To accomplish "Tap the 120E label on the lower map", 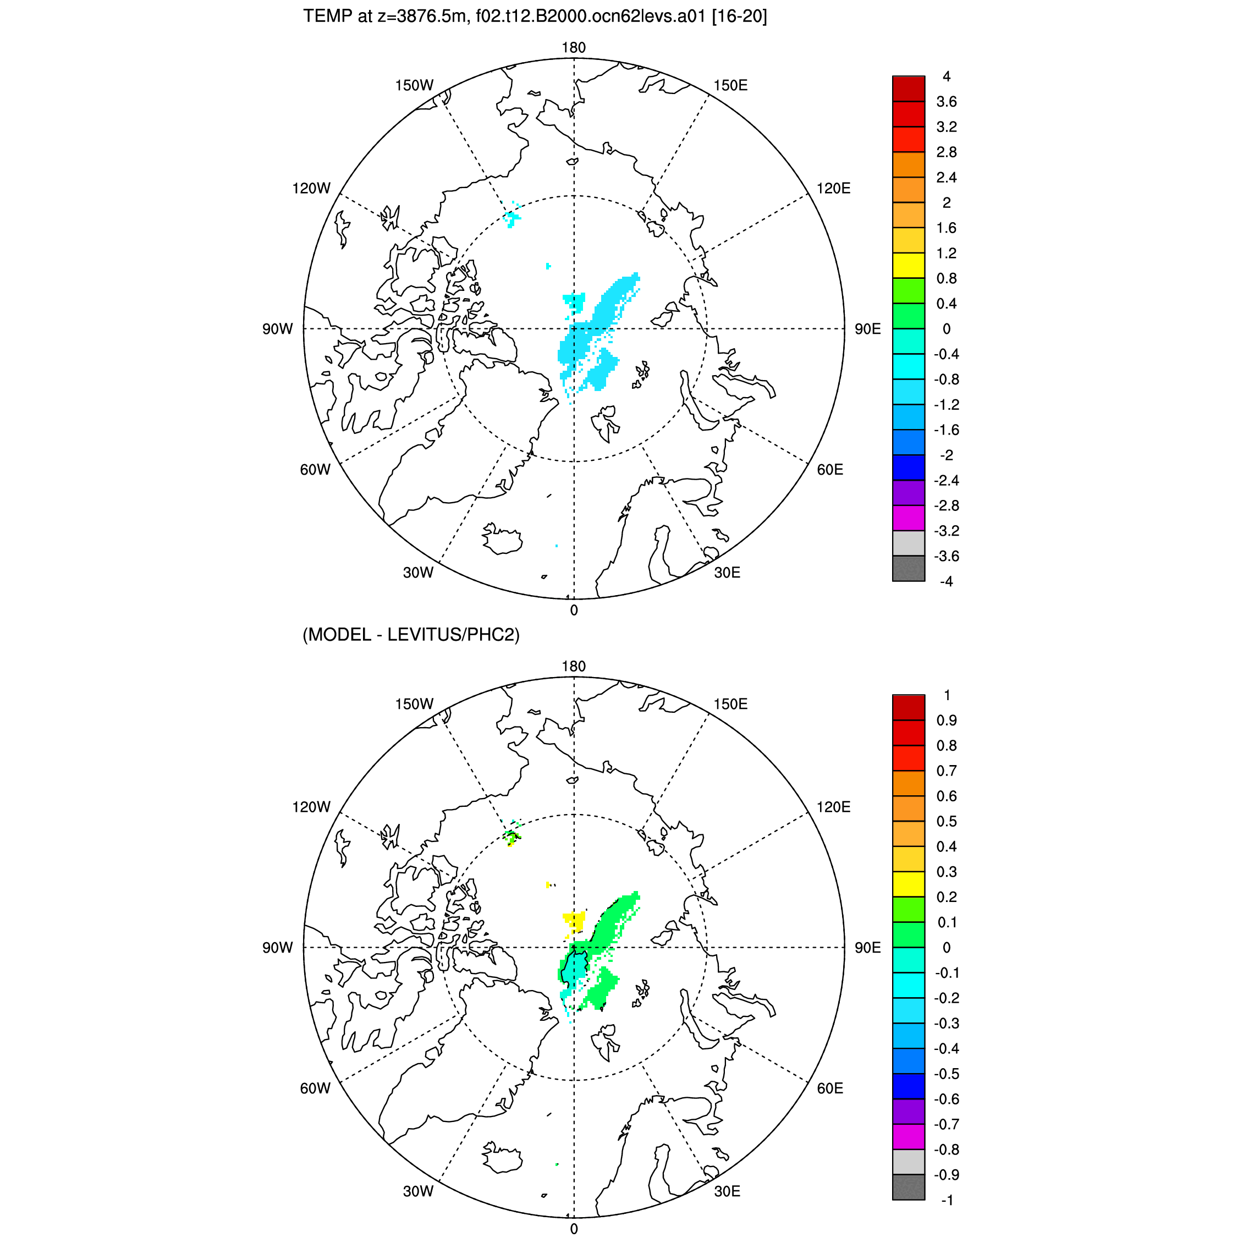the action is pyautogui.click(x=833, y=807).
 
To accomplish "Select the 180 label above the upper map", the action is pyautogui.click(x=573, y=48).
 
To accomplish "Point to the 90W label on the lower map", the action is pyautogui.click(x=277, y=948).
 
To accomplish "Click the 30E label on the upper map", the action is pyautogui.click(x=727, y=573).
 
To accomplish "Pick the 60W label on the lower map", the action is pyautogui.click(x=315, y=1088).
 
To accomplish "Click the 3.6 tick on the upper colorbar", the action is pyautogui.click(x=947, y=102).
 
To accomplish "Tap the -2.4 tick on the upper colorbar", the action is pyautogui.click(x=947, y=481).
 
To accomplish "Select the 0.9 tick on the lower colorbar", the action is pyautogui.click(x=947, y=720).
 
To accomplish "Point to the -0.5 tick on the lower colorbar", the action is pyautogui.click(x=947, y=1074).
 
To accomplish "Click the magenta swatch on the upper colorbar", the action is pyautogui.click(x=909, y=518).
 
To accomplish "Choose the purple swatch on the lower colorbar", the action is pyautogui.click(x=909, y=1112).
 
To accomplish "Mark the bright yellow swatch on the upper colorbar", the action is pyautogui.click(x=909, y=266).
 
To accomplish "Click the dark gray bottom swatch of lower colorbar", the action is pyautogui.click(x=909, y=1187).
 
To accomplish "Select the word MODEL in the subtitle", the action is pyautogui.click(x=338, y=635).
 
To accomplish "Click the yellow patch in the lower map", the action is pyautogui.click(x=574, y=922).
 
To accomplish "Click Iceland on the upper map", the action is pyautogui.click(x=501, y=539).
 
